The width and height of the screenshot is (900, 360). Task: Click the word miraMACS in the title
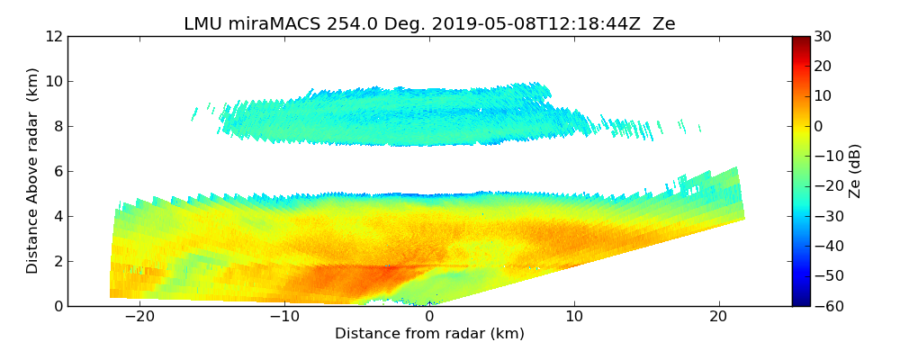click(x=267, y=24)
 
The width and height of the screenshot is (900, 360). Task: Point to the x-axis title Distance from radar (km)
click(x=429, y=334)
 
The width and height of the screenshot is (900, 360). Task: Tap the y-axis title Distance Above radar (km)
click(x=32, y=170)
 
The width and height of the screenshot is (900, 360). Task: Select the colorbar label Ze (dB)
click(x=855, y=171)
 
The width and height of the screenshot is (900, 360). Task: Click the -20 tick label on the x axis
click(x=139, y=317)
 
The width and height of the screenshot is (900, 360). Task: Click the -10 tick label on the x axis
click(x=284, y=317)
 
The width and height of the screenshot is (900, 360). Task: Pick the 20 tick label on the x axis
click(x=718, y=317)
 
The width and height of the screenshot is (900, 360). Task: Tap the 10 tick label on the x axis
click(x=574, y=317)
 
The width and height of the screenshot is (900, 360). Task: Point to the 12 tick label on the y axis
click(x=54, y=36)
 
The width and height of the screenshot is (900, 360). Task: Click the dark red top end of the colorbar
click(x=800, y=40)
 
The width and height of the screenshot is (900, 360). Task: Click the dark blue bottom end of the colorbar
click(x=800, y=302)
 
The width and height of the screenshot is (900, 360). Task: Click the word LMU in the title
click(x=202, y=24)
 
